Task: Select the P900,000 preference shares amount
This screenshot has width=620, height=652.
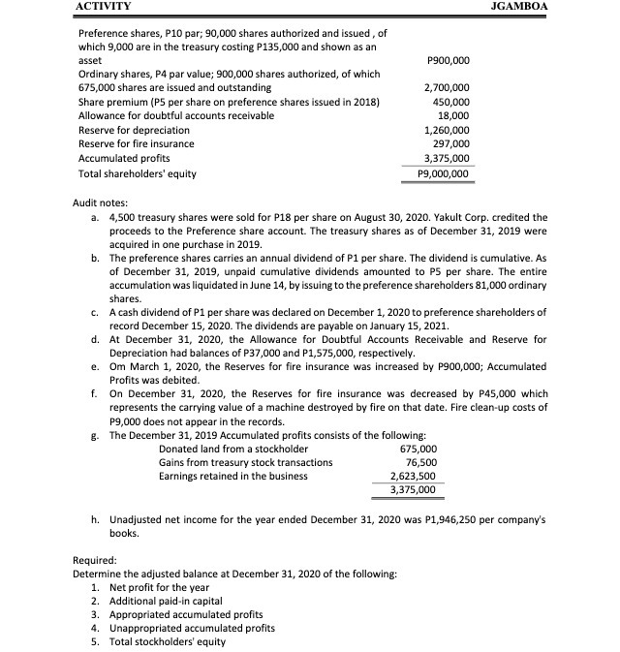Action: [x=448, y=59]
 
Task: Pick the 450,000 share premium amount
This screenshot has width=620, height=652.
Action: [x=452, y=102]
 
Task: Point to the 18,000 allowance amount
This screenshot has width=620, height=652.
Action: [x=455, y=115]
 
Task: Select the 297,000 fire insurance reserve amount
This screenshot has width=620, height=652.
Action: [x=452, y=143]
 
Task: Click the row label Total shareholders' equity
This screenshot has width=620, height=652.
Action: [x=137, y=173]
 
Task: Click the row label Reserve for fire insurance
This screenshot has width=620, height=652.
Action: [x=136, y=143]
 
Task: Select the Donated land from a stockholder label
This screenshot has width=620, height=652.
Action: [x=233, y=449]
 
